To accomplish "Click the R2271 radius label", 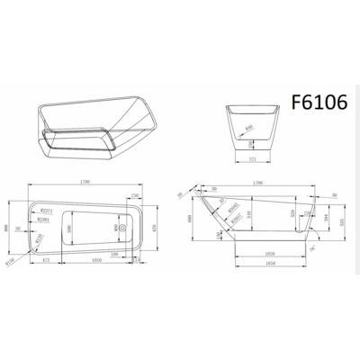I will pyautogui.click(x=49, y=208).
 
